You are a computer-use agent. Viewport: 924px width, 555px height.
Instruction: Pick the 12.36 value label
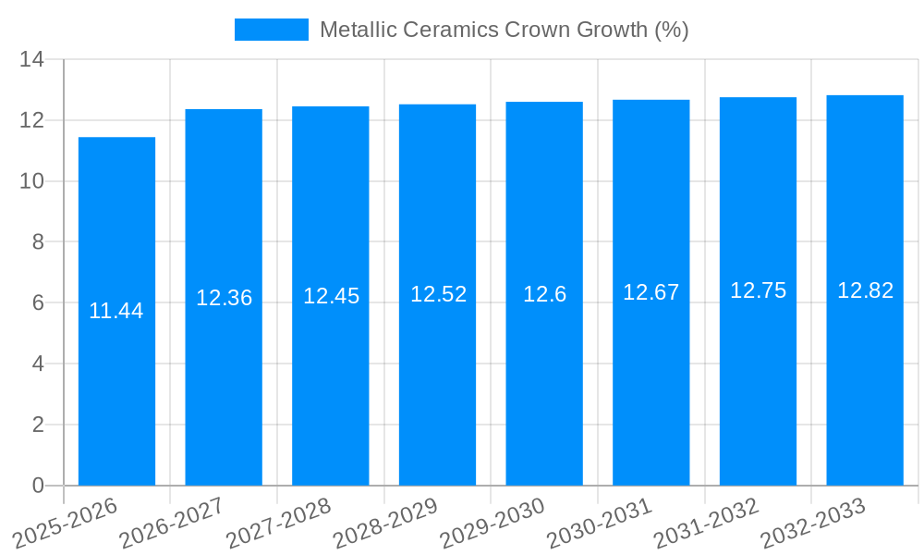[x=224, y=298]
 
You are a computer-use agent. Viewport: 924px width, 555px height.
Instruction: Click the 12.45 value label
[x=331, y=296]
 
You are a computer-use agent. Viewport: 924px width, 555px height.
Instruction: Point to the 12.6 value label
[x=544, y=294]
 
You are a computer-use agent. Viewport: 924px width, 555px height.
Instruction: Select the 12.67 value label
[x=650, y=292]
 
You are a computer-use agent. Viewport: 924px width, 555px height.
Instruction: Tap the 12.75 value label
[x=758, y=290]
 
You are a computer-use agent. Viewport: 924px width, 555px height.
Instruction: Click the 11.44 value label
[x=116, y=311]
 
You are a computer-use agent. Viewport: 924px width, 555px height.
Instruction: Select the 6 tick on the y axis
[x=38, y=303]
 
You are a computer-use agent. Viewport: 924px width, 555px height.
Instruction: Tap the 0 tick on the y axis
[x=38, y=486]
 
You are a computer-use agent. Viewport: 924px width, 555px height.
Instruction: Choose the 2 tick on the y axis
[x=38, y=425]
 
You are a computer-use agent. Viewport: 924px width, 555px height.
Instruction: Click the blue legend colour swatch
[x=271, y=30]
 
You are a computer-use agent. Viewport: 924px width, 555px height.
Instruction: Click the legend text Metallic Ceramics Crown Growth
[x=504, y=30]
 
